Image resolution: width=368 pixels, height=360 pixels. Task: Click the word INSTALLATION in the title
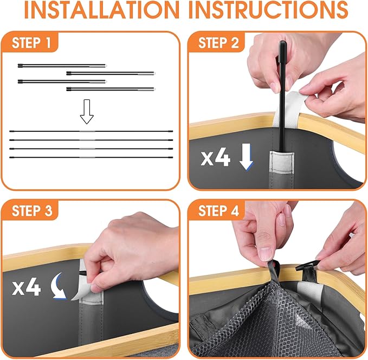coord(102,10)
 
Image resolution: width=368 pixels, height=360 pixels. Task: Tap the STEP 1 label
coord(31,43)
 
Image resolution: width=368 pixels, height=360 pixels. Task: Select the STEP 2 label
coord(218,43)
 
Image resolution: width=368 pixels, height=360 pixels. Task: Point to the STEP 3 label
coord(32,211)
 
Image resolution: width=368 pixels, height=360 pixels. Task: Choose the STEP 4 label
coord(218,211)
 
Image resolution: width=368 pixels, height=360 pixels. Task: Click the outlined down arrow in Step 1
coord(87,112)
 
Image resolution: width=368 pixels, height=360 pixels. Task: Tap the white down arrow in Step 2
coord(246,157)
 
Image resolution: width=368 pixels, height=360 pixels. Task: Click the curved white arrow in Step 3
coord(59,286)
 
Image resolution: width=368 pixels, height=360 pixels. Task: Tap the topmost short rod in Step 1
coord(62,66)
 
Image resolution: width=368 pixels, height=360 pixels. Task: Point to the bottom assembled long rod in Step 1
coord(91,157)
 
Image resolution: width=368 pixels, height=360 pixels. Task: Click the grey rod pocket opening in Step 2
coord(281,154)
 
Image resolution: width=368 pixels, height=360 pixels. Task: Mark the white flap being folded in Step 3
coord(79,289)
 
